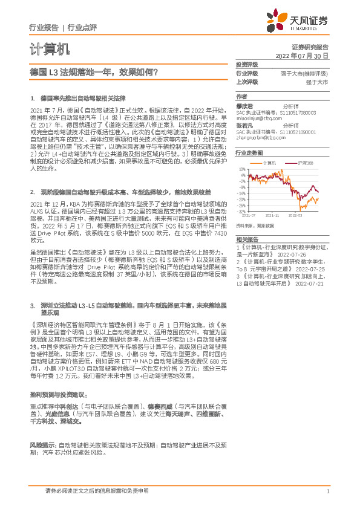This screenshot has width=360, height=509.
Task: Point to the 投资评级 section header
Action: click(246, 64)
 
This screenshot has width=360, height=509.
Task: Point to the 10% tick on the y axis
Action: click(242, 170)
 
